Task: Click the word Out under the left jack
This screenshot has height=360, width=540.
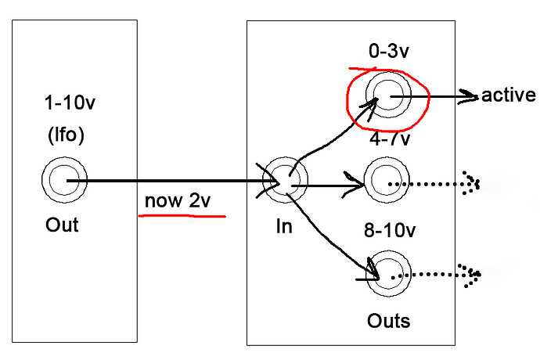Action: point(62,225)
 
